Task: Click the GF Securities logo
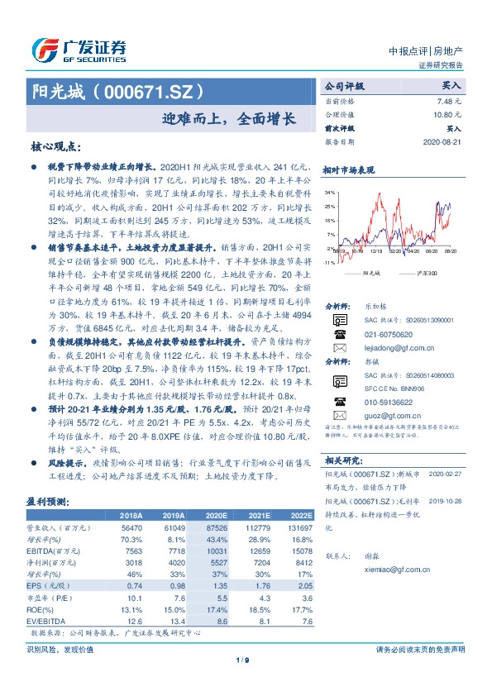[x=79, y=50]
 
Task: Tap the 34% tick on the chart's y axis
[x=330, y=192]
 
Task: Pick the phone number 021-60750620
[x=386, y=335]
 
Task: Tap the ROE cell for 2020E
[x=217, y=611]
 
